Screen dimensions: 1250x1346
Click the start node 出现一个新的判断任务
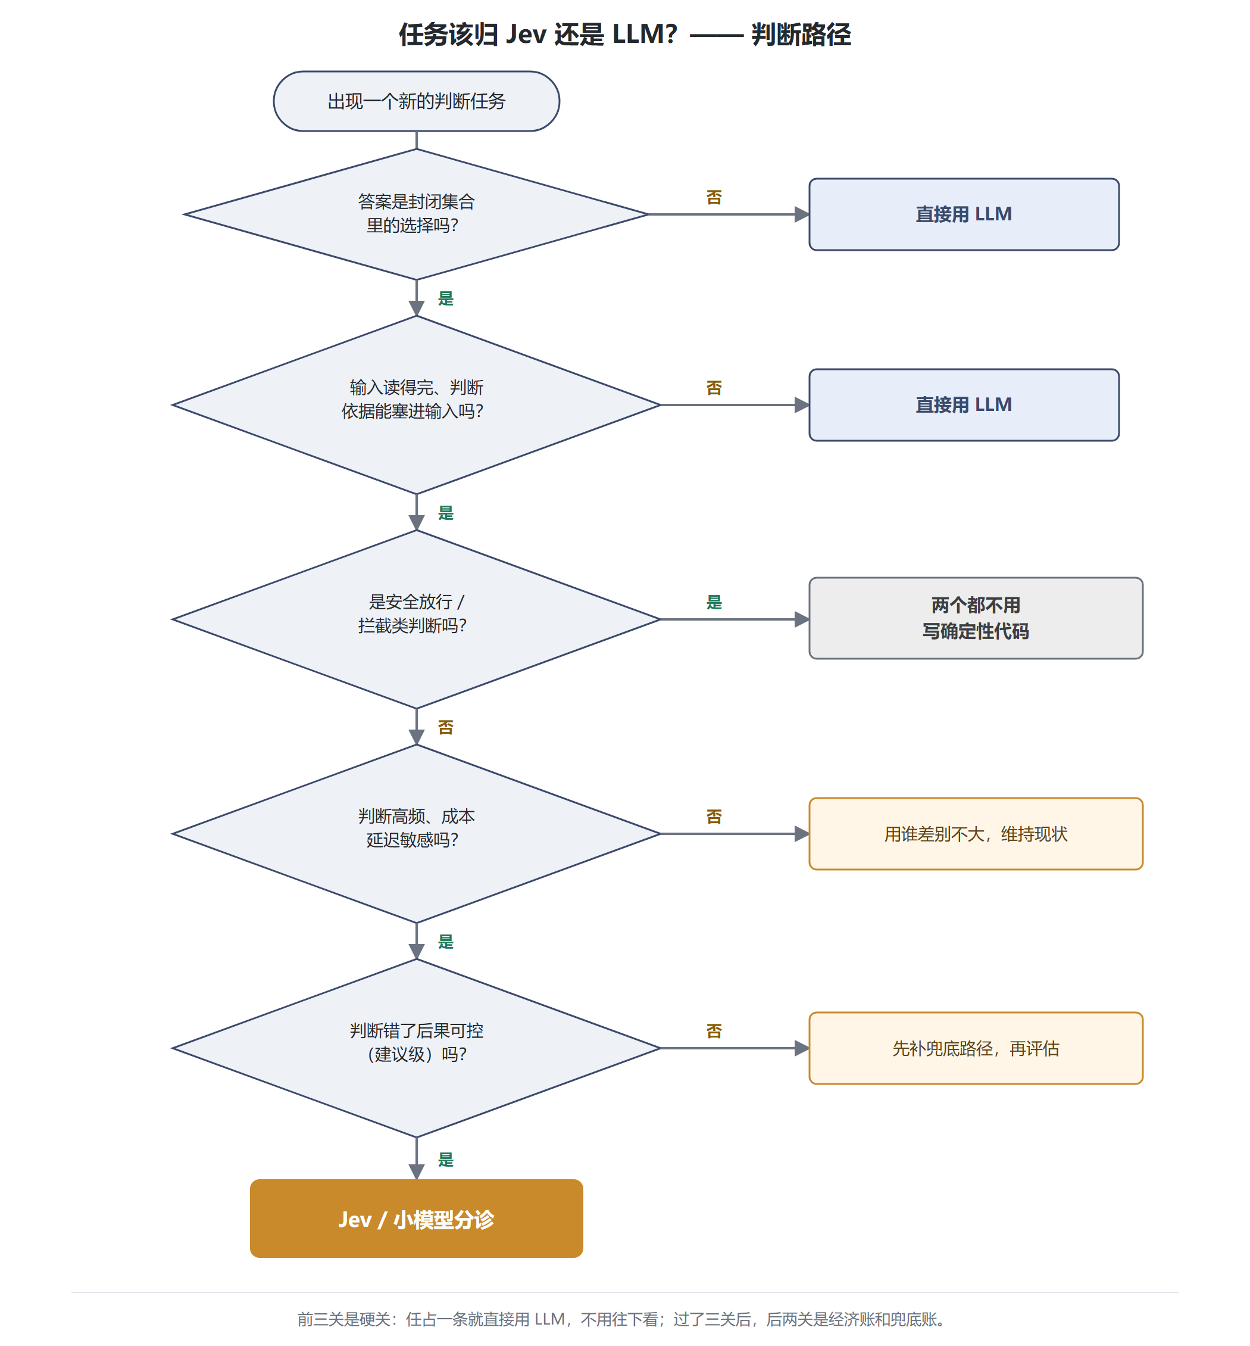coord(416,101)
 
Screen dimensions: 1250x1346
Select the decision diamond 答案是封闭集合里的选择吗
coord(416,214)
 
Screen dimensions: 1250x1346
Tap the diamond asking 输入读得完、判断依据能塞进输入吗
coord(416,404)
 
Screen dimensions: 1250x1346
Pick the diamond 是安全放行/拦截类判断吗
coord(416,619)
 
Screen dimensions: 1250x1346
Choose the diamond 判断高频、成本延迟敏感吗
coord(416,834)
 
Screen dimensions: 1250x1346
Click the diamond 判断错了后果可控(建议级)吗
coord(416,1048)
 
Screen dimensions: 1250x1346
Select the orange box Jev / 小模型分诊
coord(416,1219)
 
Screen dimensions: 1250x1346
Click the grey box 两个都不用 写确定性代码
coord(976,618)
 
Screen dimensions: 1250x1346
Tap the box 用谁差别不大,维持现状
coord(976,834)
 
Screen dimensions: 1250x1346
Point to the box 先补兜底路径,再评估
coord(976,1048)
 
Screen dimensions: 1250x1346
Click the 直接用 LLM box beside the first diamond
coord(964,214)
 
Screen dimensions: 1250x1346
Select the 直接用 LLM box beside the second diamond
coord(964,404)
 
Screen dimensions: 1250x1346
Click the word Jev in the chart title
coord(526,34)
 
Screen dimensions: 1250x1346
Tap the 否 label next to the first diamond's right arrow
coord(714,197)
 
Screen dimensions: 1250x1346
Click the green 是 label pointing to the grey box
coord(714,602)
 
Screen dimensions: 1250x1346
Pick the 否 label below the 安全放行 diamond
coord(445,727)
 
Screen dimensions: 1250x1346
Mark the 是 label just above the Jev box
coord(445,1159)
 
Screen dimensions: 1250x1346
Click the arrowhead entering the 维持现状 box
coord(802,834)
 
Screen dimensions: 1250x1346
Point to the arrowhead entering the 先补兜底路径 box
coord(802,1048)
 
